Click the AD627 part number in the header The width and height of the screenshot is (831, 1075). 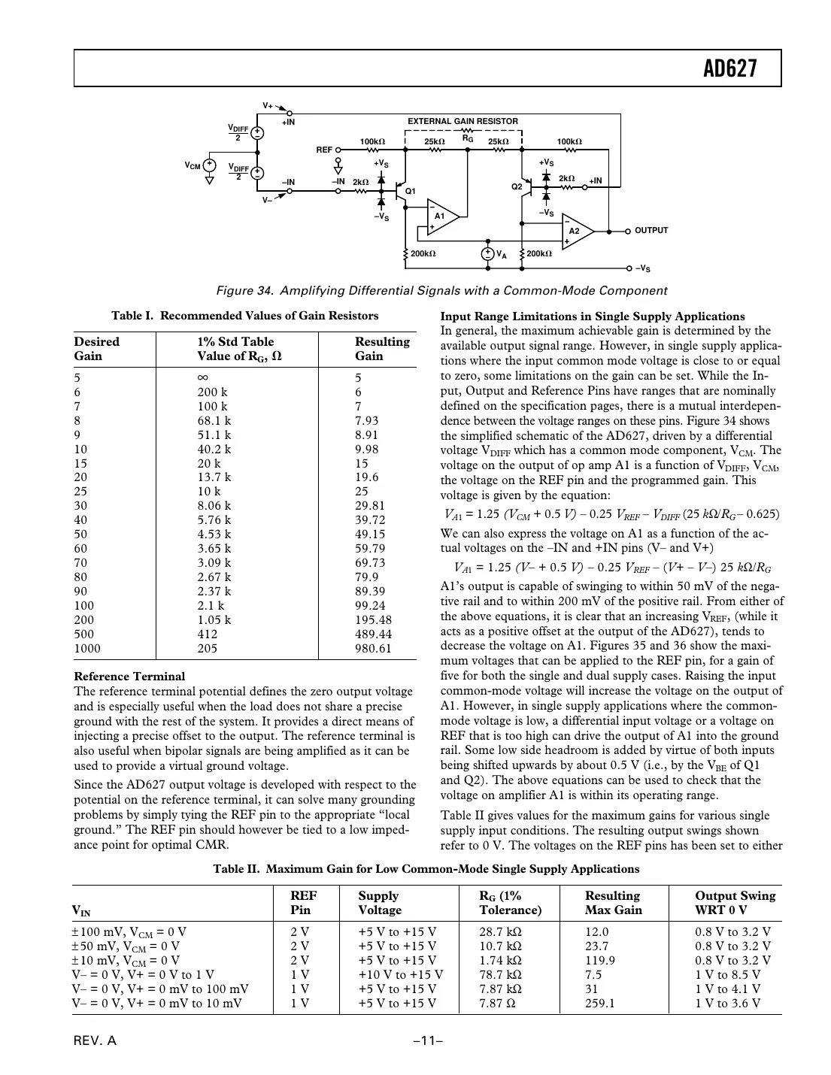[729, 68]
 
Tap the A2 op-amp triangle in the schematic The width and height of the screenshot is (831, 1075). [576, 232]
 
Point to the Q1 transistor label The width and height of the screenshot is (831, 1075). [411, 192]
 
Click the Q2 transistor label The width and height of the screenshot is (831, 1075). [517, 186]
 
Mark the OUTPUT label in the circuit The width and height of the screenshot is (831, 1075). [651, 231]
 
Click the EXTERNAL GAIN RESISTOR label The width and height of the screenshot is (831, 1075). [463, 121]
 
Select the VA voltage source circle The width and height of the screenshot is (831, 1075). [487, 254]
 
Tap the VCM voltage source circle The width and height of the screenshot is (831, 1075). [210, 165]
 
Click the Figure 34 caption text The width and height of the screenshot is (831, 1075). [441, 291]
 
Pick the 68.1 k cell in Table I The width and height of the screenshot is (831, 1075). [214, 421]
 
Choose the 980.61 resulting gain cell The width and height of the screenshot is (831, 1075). [373, 649]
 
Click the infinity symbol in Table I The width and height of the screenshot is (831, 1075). [203, 378]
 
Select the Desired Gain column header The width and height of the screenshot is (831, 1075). [97, 349]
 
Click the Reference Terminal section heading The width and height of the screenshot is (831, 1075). [129, 677]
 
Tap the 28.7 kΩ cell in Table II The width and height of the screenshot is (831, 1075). [500, 932]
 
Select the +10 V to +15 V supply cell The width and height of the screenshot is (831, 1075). [400, 975]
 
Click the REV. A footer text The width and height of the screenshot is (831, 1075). [95, 1041]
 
